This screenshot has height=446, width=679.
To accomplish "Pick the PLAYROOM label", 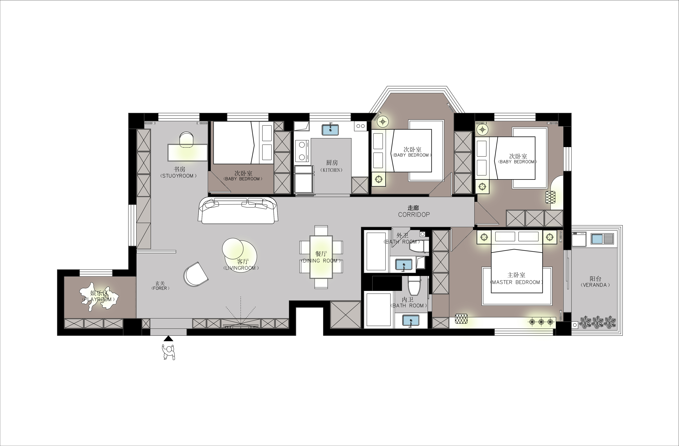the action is click(100, 299).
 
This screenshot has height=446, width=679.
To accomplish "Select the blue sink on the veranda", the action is click(597, 239).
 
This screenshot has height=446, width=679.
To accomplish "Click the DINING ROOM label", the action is click(321, 261).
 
